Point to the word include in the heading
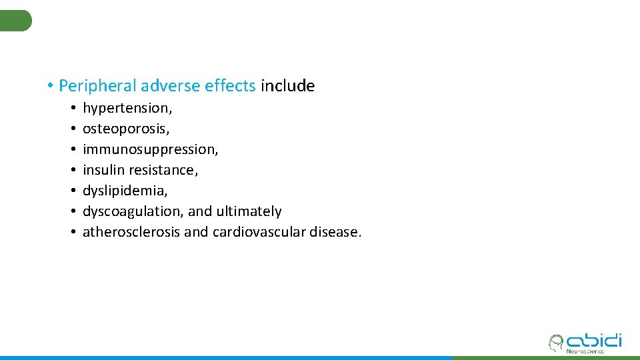tap(288, 86)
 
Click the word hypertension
tap(127, 108)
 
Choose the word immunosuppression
tap(150, 149)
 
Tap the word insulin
tap(101, 170)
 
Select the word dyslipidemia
tap(125, 191)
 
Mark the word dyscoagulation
tap(133, 211)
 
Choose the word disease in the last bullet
tap(335, 232)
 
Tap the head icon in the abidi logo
tap(555, 343)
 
